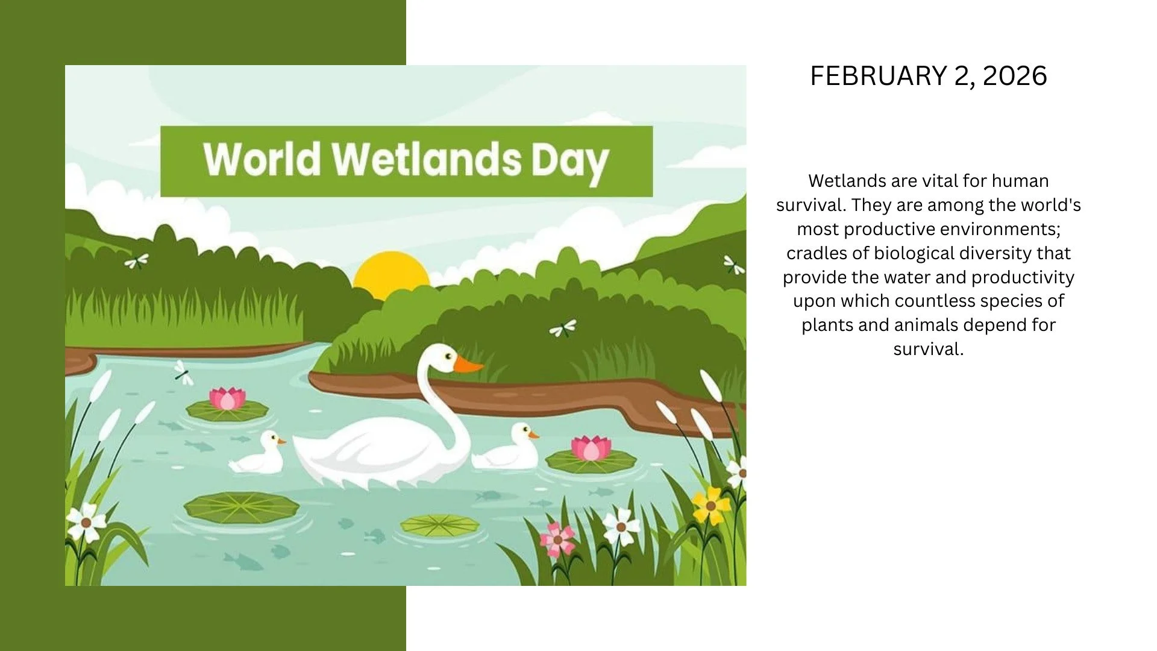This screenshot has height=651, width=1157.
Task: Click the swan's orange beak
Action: [467, 365]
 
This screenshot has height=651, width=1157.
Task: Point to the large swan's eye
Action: [448, 356]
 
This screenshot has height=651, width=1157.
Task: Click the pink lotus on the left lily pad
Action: [227, 398]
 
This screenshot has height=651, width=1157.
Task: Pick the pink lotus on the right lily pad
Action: [591, 448]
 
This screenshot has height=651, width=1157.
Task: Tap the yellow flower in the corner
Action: [710, 505]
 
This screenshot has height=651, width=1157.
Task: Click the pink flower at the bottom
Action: [557, 539]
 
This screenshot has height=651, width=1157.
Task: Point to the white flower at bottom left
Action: [86, 522]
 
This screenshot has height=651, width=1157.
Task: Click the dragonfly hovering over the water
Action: [183, 373]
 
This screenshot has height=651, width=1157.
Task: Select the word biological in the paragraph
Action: [914, 253]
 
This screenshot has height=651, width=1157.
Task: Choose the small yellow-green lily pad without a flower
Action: [439, 526]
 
